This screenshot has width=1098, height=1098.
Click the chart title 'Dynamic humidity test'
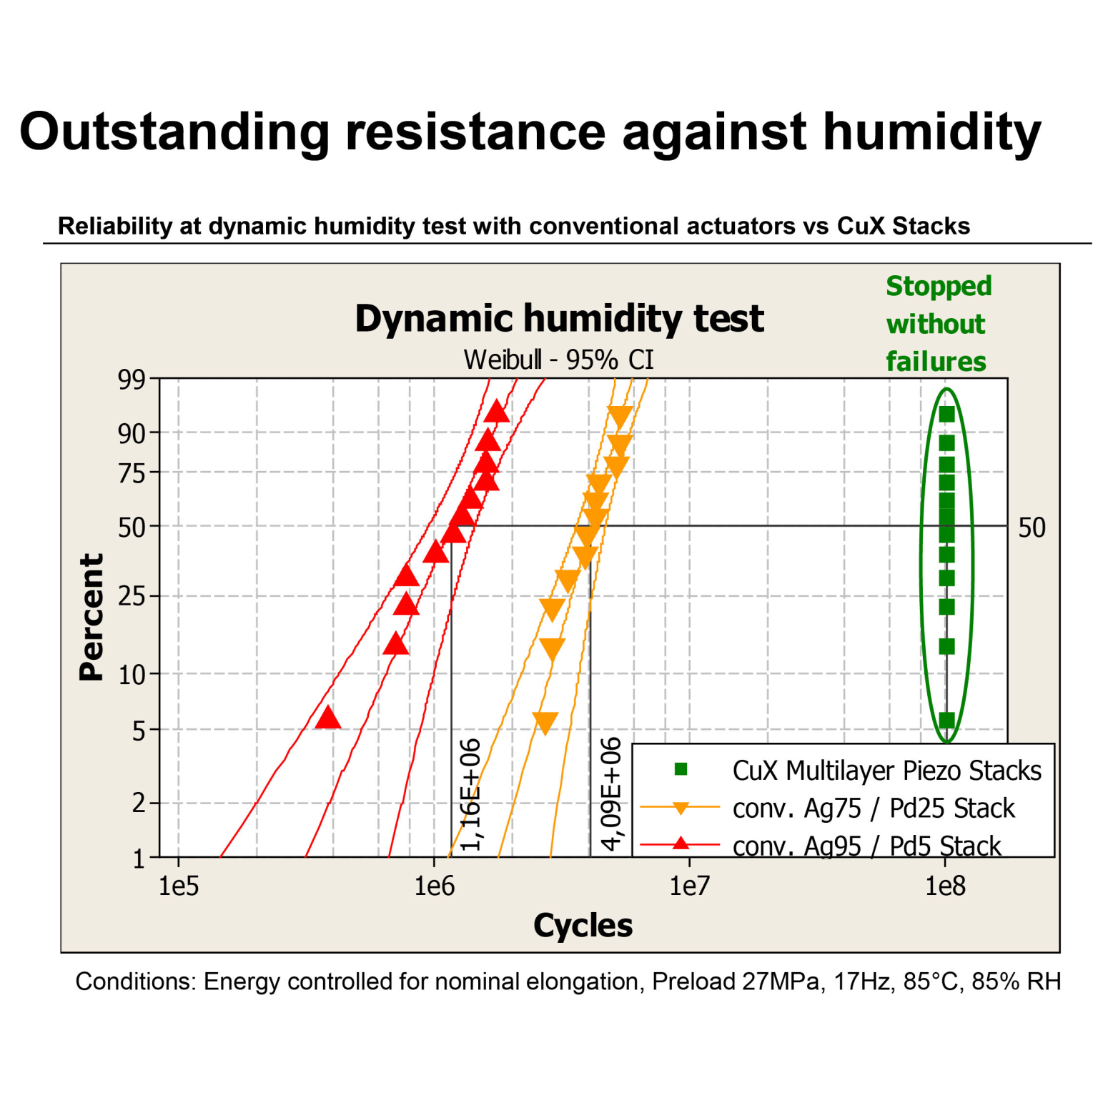[x=559, y=319]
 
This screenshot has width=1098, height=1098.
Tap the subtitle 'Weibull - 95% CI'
[x=558, y=360]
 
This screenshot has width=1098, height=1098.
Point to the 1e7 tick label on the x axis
[x=689, y=886]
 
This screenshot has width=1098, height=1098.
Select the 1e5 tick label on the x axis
[x=178, y=886]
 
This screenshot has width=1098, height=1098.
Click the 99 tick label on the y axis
[x=132, y=380]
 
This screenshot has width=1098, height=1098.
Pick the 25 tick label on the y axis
[x=132, y=595]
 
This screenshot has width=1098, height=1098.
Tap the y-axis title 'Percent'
[x=91, y=617]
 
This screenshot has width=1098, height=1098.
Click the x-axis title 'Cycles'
[x=583, y=926]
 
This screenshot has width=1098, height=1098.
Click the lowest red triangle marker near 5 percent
[x=328, y=718]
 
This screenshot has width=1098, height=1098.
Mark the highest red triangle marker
[x=497, y=412]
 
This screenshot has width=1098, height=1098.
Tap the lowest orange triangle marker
[x=545, y=723]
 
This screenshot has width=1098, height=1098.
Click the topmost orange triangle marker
[x=620, y=417]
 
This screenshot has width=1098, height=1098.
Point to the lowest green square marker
[x=946, y=720]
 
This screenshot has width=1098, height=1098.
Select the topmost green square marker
[x=946, y=415]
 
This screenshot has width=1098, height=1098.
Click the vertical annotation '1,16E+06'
[x=470, y=795]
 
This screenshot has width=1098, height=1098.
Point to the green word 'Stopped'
[x=939, y=286]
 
